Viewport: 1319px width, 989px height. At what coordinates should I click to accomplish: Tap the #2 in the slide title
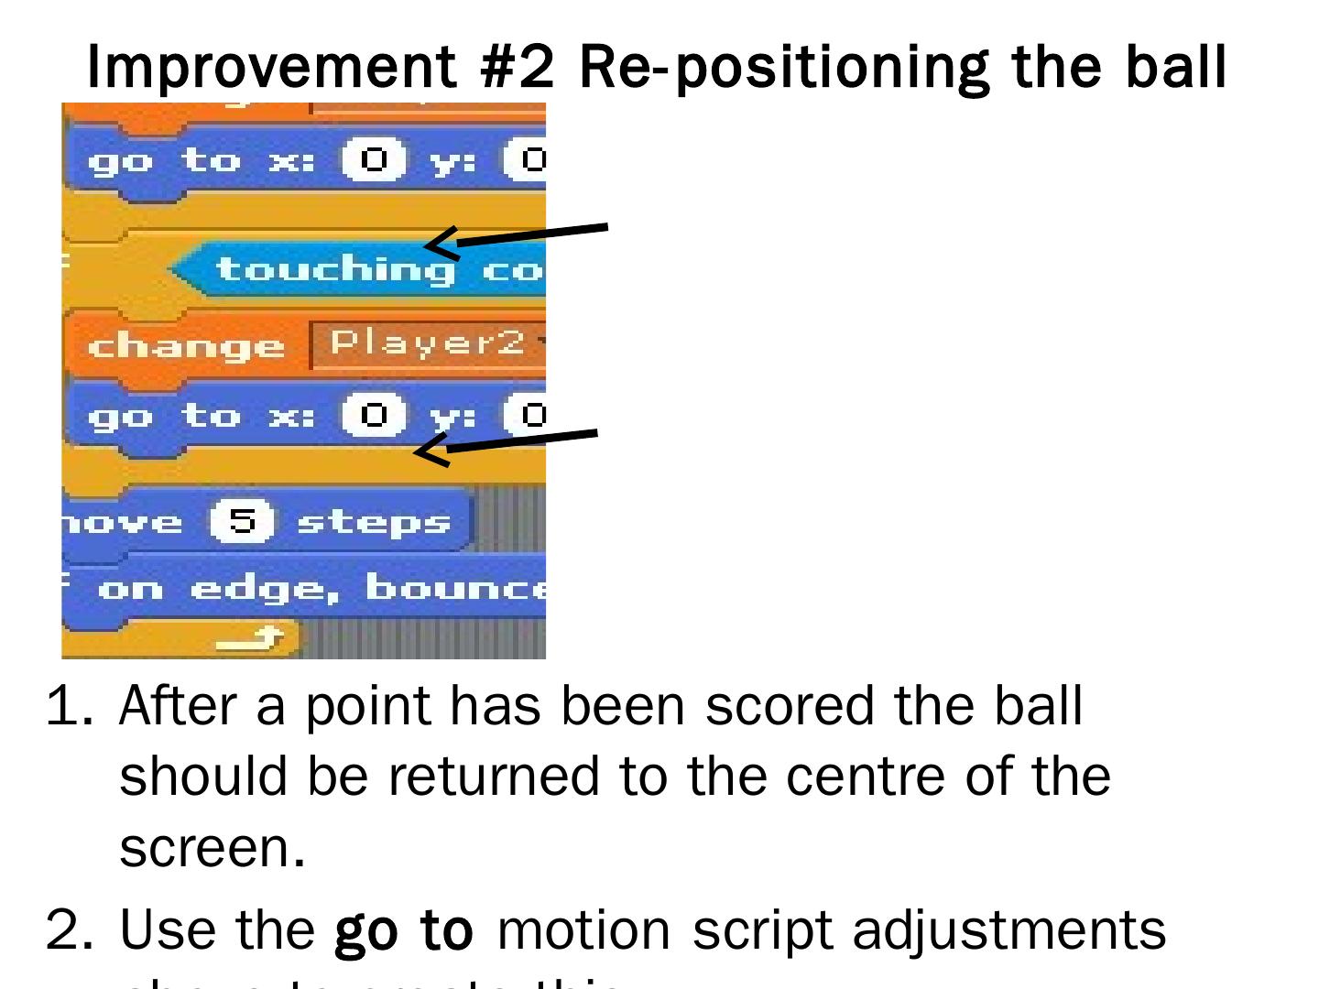point(518,66)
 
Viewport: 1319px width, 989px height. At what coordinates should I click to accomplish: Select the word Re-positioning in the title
point(784,66)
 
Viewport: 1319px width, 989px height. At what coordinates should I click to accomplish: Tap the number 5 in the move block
point(242,522)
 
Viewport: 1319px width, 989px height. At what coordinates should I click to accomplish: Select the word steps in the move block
point(374,522)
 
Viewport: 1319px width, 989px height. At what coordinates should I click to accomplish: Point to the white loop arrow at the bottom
point(250,638)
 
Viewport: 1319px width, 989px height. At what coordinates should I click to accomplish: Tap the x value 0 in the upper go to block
point(373,161)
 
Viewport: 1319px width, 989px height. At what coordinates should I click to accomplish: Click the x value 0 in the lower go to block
point(373,417)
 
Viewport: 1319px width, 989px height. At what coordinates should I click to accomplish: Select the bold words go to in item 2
point(404,929)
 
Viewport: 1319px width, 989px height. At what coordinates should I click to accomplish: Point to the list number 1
point(66,706)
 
